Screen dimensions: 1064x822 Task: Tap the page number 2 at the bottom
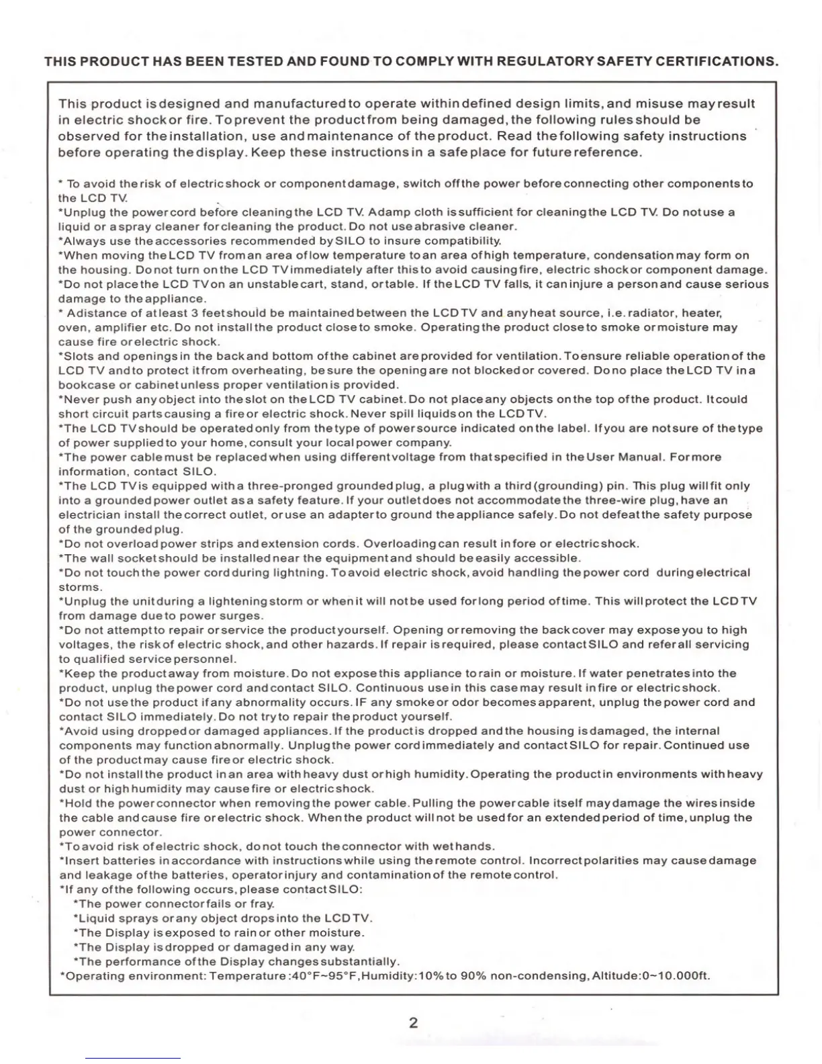413,1023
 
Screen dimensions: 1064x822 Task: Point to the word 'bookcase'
86,385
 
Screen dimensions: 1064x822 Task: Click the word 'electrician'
90,515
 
